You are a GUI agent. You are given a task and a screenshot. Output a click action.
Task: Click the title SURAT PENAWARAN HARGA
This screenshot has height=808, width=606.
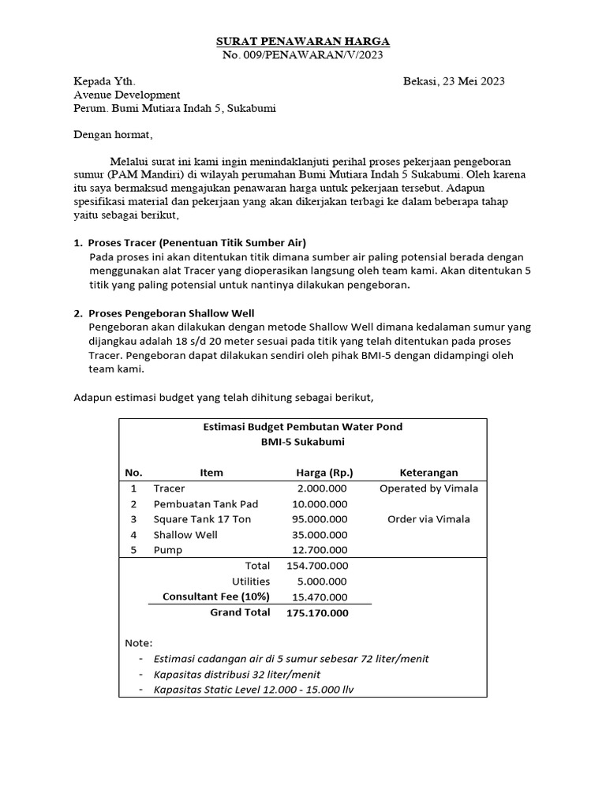point(303,41)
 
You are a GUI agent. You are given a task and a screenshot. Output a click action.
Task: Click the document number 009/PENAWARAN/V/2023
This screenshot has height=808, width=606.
point(313,54)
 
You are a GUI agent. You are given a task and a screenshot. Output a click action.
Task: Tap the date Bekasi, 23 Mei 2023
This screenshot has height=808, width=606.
point(454,81)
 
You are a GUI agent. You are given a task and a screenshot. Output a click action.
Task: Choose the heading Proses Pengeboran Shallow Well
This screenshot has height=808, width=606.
point(170,313)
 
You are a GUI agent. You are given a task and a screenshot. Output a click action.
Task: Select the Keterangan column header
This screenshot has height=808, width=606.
point(428,473)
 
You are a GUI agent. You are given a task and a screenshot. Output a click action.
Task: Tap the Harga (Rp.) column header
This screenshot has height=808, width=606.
point(324,473)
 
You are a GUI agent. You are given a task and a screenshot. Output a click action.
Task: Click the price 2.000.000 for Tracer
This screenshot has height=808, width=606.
point(322,488)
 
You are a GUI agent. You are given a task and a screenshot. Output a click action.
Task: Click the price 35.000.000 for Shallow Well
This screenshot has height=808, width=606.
point(320,534)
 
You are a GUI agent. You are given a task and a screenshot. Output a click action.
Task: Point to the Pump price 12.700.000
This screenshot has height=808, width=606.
point(320,550)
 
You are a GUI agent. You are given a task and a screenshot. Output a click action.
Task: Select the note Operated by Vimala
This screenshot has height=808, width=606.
point(428,488)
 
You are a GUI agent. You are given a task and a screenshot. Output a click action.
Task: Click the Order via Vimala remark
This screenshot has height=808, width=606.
point(428,519)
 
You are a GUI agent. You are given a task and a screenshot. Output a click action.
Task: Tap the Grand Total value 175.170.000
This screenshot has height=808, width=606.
point(316,612)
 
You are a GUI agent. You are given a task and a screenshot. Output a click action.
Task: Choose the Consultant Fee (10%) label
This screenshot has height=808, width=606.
point(216,597)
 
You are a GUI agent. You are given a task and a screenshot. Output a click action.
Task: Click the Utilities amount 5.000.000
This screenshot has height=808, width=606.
point(322,581)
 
